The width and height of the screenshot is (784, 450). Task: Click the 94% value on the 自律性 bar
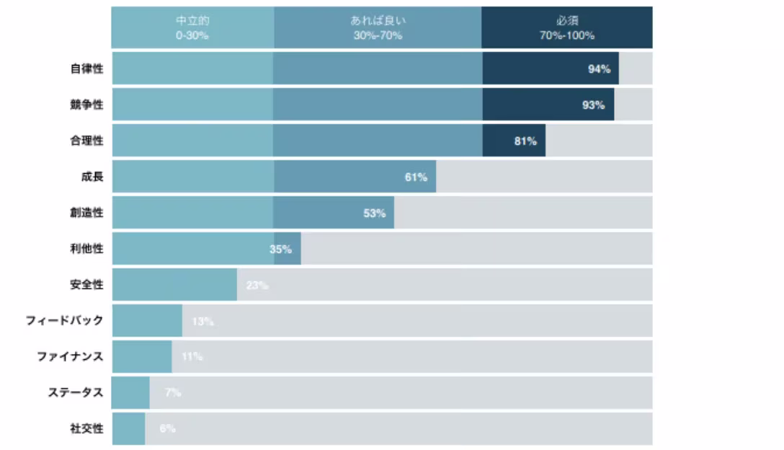[600, 69]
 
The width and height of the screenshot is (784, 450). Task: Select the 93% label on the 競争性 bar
[594, 105]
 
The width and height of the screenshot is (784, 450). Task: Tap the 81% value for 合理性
[525, 141]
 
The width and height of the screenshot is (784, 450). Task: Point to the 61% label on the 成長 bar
[416, 177]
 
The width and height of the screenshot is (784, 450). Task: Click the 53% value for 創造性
[374, 213]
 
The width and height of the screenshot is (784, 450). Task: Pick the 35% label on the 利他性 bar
[280, 250]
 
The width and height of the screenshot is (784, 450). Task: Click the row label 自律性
[86, 69]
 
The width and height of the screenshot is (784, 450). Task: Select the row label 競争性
[86, 105]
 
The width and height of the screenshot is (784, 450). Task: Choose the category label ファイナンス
[71, 356]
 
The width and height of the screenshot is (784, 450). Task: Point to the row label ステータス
[76, 392]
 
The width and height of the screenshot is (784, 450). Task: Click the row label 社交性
[86, 428]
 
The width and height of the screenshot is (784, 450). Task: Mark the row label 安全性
[86, 285]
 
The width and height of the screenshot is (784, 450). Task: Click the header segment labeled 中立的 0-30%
[192, 27]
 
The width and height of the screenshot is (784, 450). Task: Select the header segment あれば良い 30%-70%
[378, 27]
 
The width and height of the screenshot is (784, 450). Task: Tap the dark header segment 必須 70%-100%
[567, 27]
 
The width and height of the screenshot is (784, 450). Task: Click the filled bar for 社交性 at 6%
[128, 428]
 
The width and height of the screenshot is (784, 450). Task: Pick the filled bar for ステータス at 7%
[130, 392]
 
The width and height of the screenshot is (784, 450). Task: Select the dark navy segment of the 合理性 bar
[514, 141]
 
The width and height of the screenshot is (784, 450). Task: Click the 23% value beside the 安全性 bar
[257, 285]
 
